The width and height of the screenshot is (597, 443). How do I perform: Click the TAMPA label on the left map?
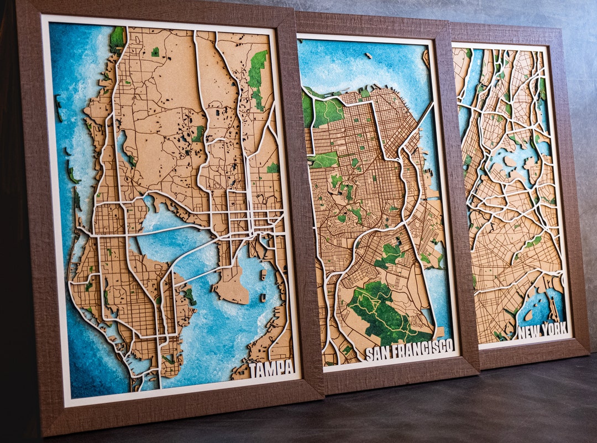click(x=271, y=368)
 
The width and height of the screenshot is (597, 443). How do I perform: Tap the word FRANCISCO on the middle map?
click(x=421, y=350)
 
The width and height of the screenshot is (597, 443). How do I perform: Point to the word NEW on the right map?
click(x=529, y=332)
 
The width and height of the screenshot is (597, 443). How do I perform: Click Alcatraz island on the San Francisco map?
click(x=368, y=55)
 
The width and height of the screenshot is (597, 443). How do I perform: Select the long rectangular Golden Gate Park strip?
click(x=323, y=160)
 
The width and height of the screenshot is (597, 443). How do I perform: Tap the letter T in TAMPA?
click(x=254, y=369)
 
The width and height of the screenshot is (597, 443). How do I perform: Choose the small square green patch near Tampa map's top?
click(x=155, y=51)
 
